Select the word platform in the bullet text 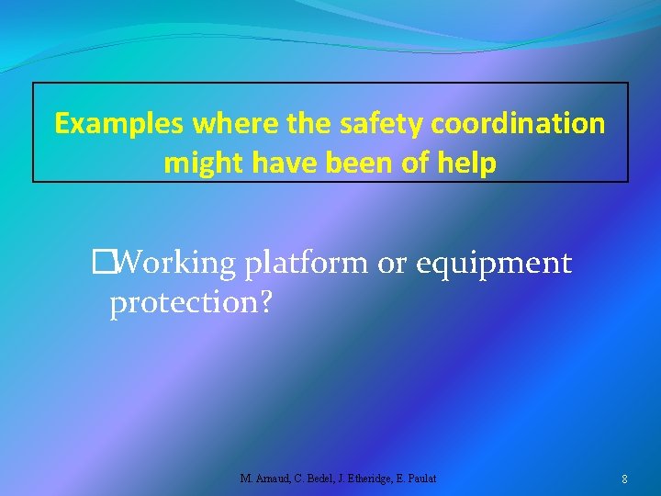[x=307, y=264]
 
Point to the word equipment [x=494, y=264]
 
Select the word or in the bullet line [x=392, y=264]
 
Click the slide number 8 [x=624, y=479]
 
